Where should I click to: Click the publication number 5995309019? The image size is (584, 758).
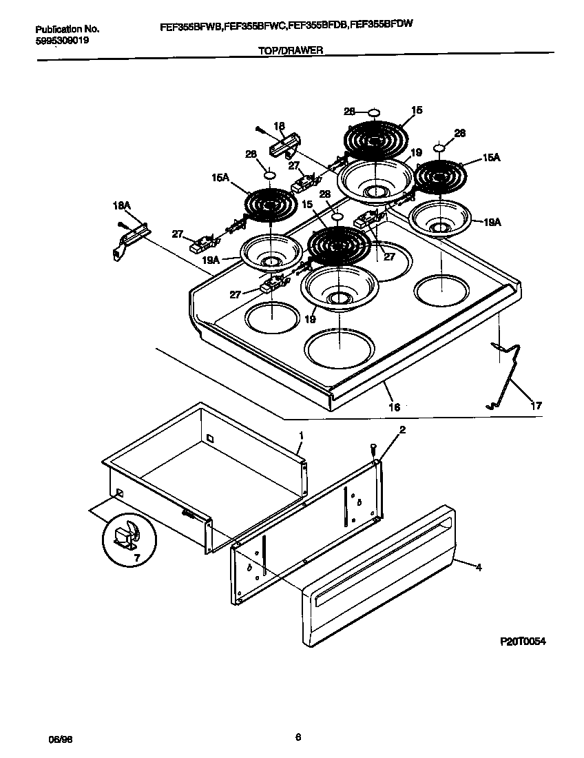(x=62, y=40)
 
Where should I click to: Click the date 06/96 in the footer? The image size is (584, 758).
(x=61, y=738)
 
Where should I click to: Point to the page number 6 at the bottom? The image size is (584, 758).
(x=298, y=737)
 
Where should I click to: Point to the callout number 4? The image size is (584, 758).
(x=479, y=567)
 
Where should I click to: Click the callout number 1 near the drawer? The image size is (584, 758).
(x=301, y=436)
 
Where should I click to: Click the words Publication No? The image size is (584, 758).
(x=67, y=30)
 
